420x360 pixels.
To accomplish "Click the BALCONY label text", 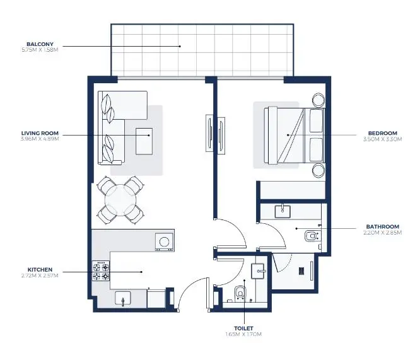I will pyautogui.click(x=39, y=44).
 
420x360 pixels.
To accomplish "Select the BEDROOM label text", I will pyautogui.click(x=383, y=133).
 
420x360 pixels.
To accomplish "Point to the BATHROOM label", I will pyautogui.click(x=382, y=226).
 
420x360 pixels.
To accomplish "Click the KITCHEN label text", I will pyautogui.click(x=40, y=270).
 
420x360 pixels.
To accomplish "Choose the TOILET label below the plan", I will pyautogui.click(x=243, y=328).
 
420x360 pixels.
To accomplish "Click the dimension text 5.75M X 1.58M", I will pyautogui.click(x=39, y=50).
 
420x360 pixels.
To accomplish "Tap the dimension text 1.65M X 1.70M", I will pyautogui.click(x=243, y=334).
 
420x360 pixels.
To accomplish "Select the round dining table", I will pyautogui.click(x=120, y=199).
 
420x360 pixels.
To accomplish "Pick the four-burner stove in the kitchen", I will pyautogui.click(x=101, y=271).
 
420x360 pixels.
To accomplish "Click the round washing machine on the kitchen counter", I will pyautogui.click(x=165, y=241).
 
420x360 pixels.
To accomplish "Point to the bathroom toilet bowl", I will pyautogui.click(x=310, y=236).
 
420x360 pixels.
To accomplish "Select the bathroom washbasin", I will pyautogui.click(x=283, y=211).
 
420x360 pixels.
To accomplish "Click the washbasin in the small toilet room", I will pyautogui.click(x=259, y=270).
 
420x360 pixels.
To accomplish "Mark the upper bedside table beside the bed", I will pyautogui.click(x=317, y=100).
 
